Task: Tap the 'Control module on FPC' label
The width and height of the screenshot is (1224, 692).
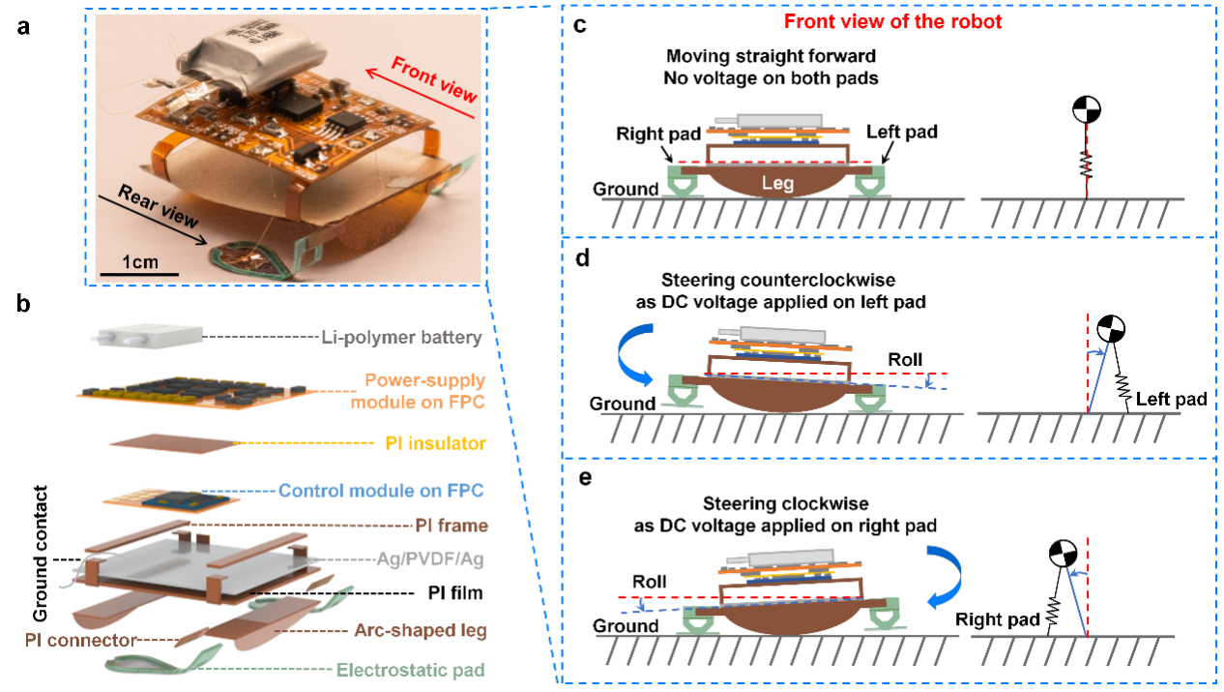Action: pyautogui.click(x=381, y=491)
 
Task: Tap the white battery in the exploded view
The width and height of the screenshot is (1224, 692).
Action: pyautogui.click(x=149, y=338)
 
